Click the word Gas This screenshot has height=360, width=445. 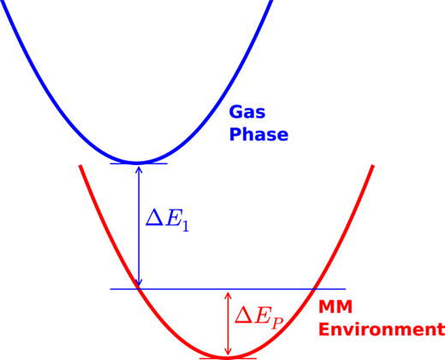[247, 112]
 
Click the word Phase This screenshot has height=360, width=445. [258, 134]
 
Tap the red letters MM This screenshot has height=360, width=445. [335, 307]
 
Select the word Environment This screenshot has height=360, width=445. [382, 329]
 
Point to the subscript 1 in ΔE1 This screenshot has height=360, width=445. [186, 226]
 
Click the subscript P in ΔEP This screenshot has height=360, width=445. [276, 323]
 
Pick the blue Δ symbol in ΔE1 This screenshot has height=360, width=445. [155, 218]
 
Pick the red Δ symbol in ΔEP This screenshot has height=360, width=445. [244, 315]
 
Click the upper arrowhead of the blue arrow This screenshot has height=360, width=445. [139, 168]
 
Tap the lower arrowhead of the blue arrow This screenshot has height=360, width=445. [139, 284]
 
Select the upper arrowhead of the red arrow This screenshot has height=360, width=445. [228, 295]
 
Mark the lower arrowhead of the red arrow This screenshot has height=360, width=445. [228, 352]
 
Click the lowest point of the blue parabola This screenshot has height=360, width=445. [137, 163]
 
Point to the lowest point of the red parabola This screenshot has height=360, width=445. [227, 357]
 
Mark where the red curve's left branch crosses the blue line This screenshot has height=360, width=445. [139, 289]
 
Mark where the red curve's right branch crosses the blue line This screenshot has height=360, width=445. [314, 289]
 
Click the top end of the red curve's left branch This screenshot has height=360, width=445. [80, 165]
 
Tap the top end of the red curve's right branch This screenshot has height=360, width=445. [372, 165]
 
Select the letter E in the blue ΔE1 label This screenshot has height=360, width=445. [173, 218]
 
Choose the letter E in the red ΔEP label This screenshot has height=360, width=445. [262, 315]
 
